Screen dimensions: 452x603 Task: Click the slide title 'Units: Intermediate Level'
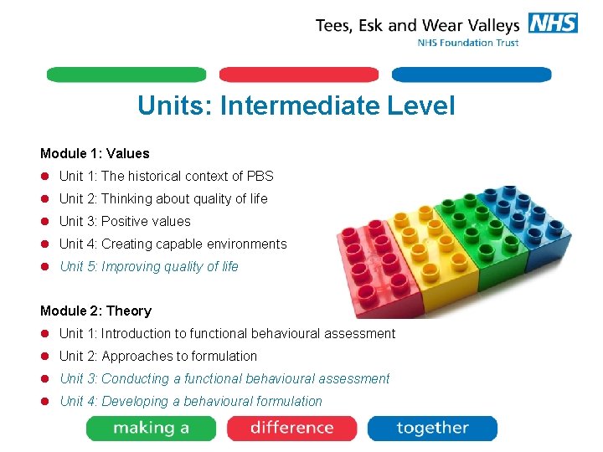click(x=296, y=106)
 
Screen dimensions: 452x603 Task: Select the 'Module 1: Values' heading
click(x=95, y=153)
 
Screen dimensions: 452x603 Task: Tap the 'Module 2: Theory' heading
click(x=95, y=311)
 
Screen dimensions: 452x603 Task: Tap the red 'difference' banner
click(x=291, y=429)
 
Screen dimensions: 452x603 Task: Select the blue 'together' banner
click(x=432, y=429)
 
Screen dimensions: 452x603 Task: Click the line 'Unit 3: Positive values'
click(x=125, y=221)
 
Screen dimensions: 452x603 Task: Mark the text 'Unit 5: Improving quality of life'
click(x=149, y=266)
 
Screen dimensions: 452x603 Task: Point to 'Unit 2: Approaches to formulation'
click(x=158, y=356)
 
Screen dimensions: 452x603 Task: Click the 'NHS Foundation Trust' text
click(x=468, y=43)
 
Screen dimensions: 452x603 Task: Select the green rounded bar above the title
click(x=126, y=74)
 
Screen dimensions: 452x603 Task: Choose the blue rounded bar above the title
click(x=472, y=74)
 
